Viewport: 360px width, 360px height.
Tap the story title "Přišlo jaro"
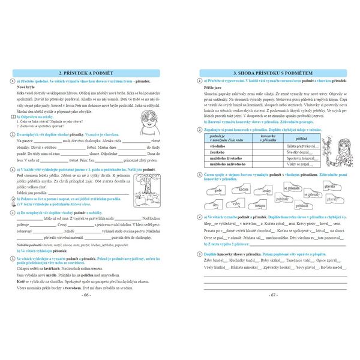[214, 88]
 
